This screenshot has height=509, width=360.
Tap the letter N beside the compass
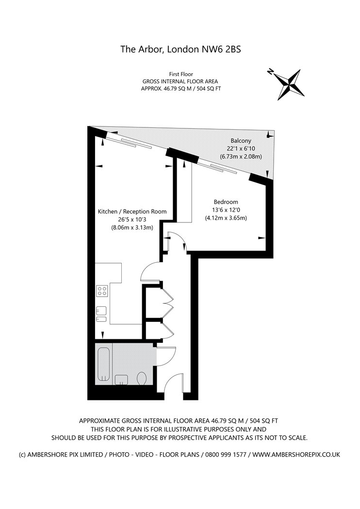[x=270, y=71]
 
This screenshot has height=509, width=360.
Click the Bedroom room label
[x=226, y=202]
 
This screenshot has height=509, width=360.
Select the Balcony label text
[x=241, y=141]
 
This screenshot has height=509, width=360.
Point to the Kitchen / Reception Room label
[x=132, y=212]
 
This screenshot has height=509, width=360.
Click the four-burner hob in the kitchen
[x=102, y=290]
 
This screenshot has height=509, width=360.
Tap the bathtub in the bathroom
[x=103, y=364]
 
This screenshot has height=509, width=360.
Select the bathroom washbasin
[x=121, y=380]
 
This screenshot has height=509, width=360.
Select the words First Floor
[x=181, y=74]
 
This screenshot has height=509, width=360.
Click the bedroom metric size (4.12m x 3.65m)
[x=226, y=218]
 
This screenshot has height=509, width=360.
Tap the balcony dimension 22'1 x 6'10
[x=241, y=149]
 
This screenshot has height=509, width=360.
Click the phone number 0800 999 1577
[x=225, y=455]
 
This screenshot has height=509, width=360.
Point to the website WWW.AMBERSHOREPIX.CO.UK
[x=296, y=455]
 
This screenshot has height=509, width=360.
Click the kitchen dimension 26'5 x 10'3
[x=132, y=220]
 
